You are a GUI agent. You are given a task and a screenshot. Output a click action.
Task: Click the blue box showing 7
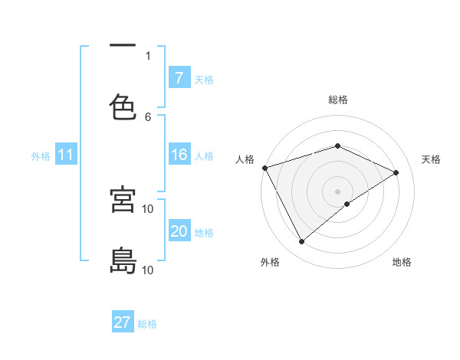[x=179, y=77]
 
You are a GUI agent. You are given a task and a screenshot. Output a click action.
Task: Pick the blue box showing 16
[x=179, y=155]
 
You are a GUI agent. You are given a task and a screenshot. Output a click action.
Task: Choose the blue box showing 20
[x=179, y=231]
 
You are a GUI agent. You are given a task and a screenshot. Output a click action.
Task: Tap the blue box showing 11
[x=66, y=155]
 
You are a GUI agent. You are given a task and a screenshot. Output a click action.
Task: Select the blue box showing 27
[x=123, y=322]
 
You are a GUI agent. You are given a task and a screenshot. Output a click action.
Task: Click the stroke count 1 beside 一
[x=148, y=55]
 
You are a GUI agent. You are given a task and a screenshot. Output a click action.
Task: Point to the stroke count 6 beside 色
[x=148, y=116]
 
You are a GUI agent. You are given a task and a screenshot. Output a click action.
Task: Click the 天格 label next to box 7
[x=204, y=79]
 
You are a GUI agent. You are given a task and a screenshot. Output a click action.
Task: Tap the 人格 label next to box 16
[x=204, y=156]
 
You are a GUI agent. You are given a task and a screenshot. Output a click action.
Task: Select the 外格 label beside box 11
[x=41, y=156]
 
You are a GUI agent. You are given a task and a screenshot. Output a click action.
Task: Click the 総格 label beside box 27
[x=148, y=324]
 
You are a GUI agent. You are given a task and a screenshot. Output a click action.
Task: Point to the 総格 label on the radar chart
[x=338, y=100]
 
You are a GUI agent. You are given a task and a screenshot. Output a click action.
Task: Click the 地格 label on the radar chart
[x=402, y=262]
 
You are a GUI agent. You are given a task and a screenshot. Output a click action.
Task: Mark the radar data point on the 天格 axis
[x=396, y=172]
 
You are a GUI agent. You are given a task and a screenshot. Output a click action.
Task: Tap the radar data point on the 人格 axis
[x=264, y=168]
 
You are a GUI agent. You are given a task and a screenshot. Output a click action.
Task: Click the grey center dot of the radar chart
[x=338, y=191]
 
